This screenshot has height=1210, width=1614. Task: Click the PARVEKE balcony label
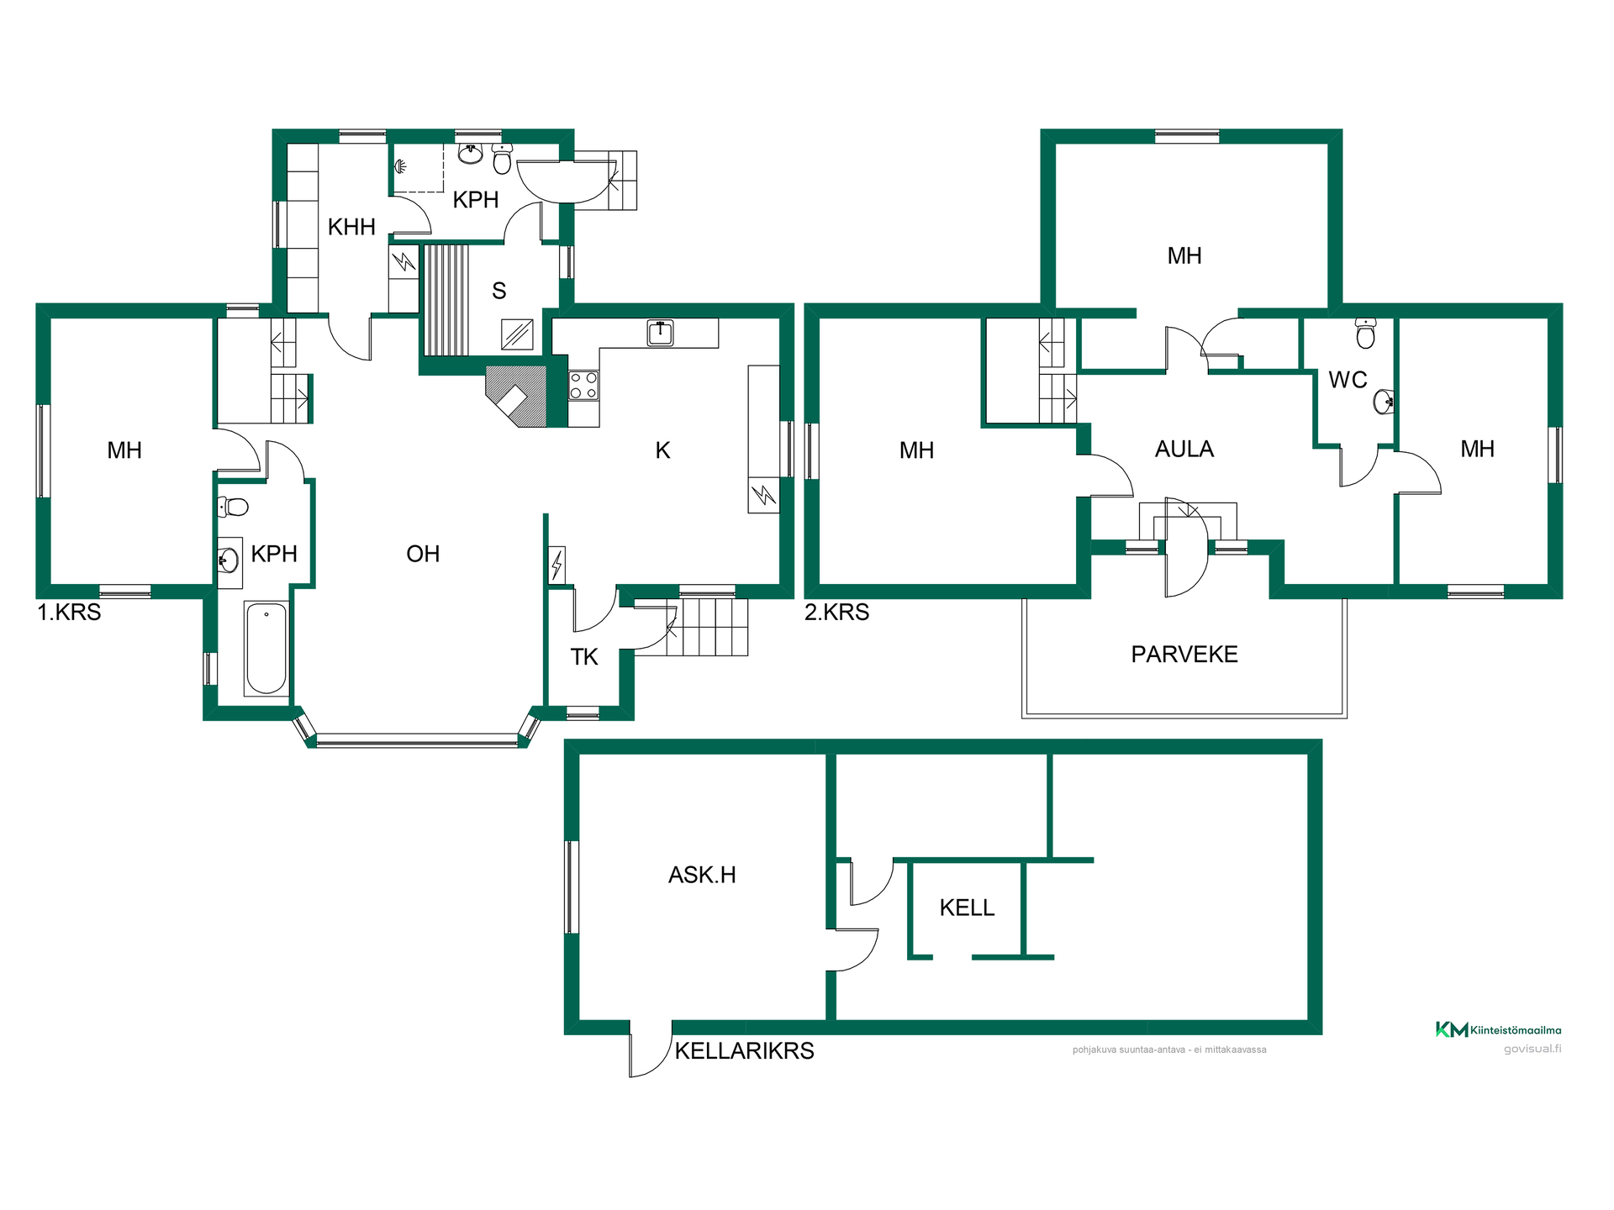[x=1184, y=655]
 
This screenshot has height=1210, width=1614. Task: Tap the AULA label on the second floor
[x=1184, y=450]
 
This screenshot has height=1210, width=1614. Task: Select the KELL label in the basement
[x=967, y=907]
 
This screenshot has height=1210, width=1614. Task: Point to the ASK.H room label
[x=702, y=876]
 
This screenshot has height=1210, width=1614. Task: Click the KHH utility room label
[x=351, y=227]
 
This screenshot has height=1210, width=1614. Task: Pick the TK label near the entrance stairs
[x=584, y=657]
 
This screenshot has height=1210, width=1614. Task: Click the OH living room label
[x=423, y=554]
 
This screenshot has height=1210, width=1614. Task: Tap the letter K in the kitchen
[x=662, y=450]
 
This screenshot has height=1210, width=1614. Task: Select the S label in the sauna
[x=499, y=291]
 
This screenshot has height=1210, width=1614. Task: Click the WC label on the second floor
[x=1348, y=380]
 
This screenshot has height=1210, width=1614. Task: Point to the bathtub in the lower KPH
[x=266, y=649]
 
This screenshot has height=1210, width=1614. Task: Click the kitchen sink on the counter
[x=661, y=333]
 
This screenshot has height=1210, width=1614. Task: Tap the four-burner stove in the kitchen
[x=583, y=387]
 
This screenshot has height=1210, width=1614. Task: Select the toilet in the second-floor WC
[x=1366, y=334]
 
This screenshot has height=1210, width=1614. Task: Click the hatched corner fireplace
[x=516, y=396]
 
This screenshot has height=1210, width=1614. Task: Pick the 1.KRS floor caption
[x=69, y=612]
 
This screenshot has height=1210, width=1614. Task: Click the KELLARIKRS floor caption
[x=745, y=1051]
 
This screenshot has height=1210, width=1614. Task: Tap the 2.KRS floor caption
[x=836, y=612]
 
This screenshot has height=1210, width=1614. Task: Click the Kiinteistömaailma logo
[x=1498, y=1029]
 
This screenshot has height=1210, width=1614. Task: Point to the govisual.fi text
[x=1532, y=1049]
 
